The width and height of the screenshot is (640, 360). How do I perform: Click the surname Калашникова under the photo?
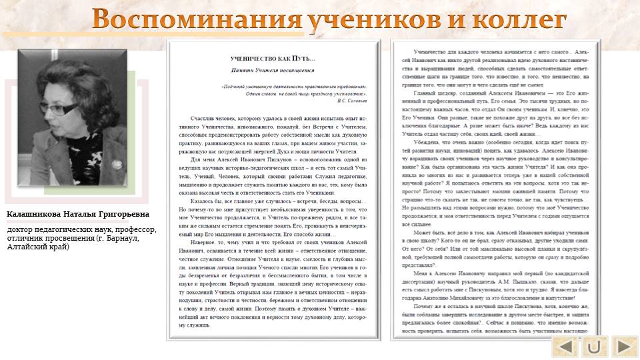pos(34,215)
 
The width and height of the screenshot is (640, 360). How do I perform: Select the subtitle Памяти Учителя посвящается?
pos(272,70)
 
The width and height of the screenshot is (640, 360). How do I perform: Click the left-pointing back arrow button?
pos(565,347)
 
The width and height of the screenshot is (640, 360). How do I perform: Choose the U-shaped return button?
pos(594,347)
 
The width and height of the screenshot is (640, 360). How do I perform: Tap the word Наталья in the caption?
pos(79,215)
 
